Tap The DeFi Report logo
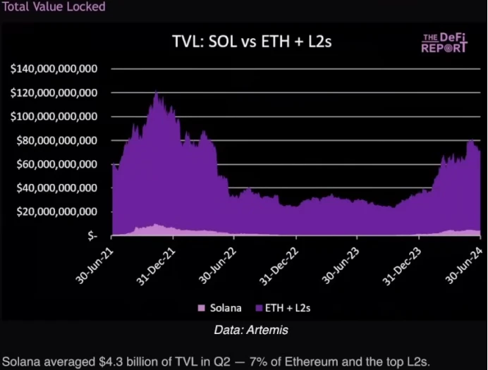pos(444,42)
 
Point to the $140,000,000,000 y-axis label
pos(54,69)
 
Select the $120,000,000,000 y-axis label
pos(54,93)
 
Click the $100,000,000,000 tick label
pos(54,117)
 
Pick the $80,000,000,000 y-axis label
pos(56,141)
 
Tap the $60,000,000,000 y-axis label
pos(56,165)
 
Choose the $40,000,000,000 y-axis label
pos(56,189)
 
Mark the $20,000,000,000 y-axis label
pos(56,212)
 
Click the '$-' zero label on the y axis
pos(92,236)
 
